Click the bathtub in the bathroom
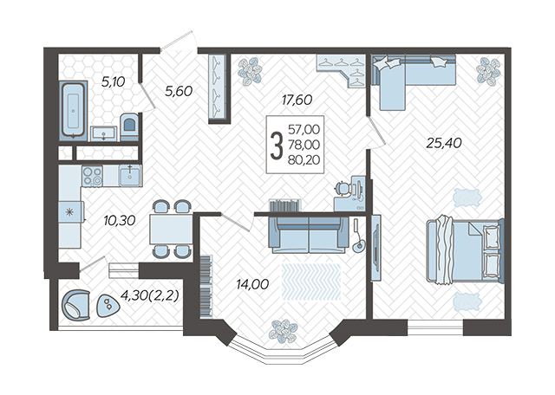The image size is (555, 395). [73, 109]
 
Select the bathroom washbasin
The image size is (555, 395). [103, 133]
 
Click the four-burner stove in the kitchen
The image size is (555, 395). [92, 176]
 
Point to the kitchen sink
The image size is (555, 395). [130, 175]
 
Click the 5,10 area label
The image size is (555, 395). [114, 82]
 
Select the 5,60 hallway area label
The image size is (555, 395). [179, 91]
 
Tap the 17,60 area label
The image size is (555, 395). [297, 100]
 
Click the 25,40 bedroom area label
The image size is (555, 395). [444, 143]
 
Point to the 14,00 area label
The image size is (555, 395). [252, 284]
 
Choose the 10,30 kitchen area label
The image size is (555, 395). [120, 221]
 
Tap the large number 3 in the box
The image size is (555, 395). [277, 146]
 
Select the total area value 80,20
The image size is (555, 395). [304, 160]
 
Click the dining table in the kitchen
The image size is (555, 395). [171, 230]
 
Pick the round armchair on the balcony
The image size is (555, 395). [75, 305]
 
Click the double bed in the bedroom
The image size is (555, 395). [465, 250]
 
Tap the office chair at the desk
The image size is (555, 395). [343, 187]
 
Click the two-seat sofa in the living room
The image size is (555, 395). [309, 235]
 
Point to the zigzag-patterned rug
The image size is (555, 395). [311, 282]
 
